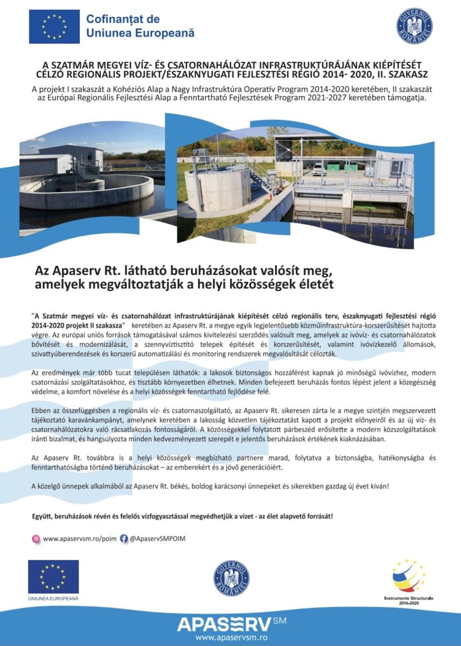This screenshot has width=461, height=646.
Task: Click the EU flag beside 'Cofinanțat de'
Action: (x=54, y=27)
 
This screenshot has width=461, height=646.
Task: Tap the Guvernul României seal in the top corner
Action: (x=415, y=26)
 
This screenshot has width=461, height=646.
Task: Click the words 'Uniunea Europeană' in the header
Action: (x=140, y=33)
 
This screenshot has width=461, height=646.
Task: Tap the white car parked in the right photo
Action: (x=319, y=169)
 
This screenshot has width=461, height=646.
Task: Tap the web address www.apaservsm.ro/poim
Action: (x=79, y=538)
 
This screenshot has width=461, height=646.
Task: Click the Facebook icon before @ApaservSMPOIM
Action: (x=124, y=538)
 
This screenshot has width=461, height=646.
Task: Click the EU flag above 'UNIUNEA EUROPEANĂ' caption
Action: (x=53, y=576)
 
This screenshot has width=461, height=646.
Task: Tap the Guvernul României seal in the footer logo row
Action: (x=231, y=578)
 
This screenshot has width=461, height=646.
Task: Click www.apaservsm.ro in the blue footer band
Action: (x=231, y=637)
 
